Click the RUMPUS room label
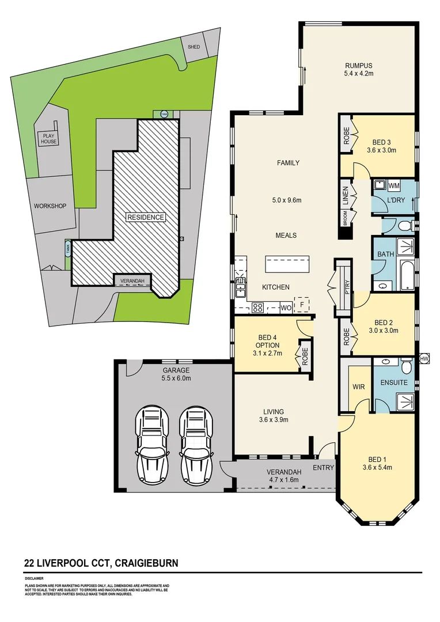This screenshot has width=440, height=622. pos(359,65)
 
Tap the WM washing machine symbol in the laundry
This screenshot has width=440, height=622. pos(394,185)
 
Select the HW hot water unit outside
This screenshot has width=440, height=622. pos(425,358)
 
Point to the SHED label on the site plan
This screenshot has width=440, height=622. pos(194,47)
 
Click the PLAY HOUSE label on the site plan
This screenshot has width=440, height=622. pos(48,139)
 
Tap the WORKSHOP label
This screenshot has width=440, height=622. pos(50,206)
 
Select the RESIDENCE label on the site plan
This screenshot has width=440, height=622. pos(146,217)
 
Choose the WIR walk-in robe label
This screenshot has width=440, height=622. pos(357,387)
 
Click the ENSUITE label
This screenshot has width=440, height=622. pos(394,382)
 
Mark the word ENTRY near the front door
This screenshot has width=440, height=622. pos(324,468)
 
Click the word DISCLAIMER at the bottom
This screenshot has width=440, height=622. pos(34,580)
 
